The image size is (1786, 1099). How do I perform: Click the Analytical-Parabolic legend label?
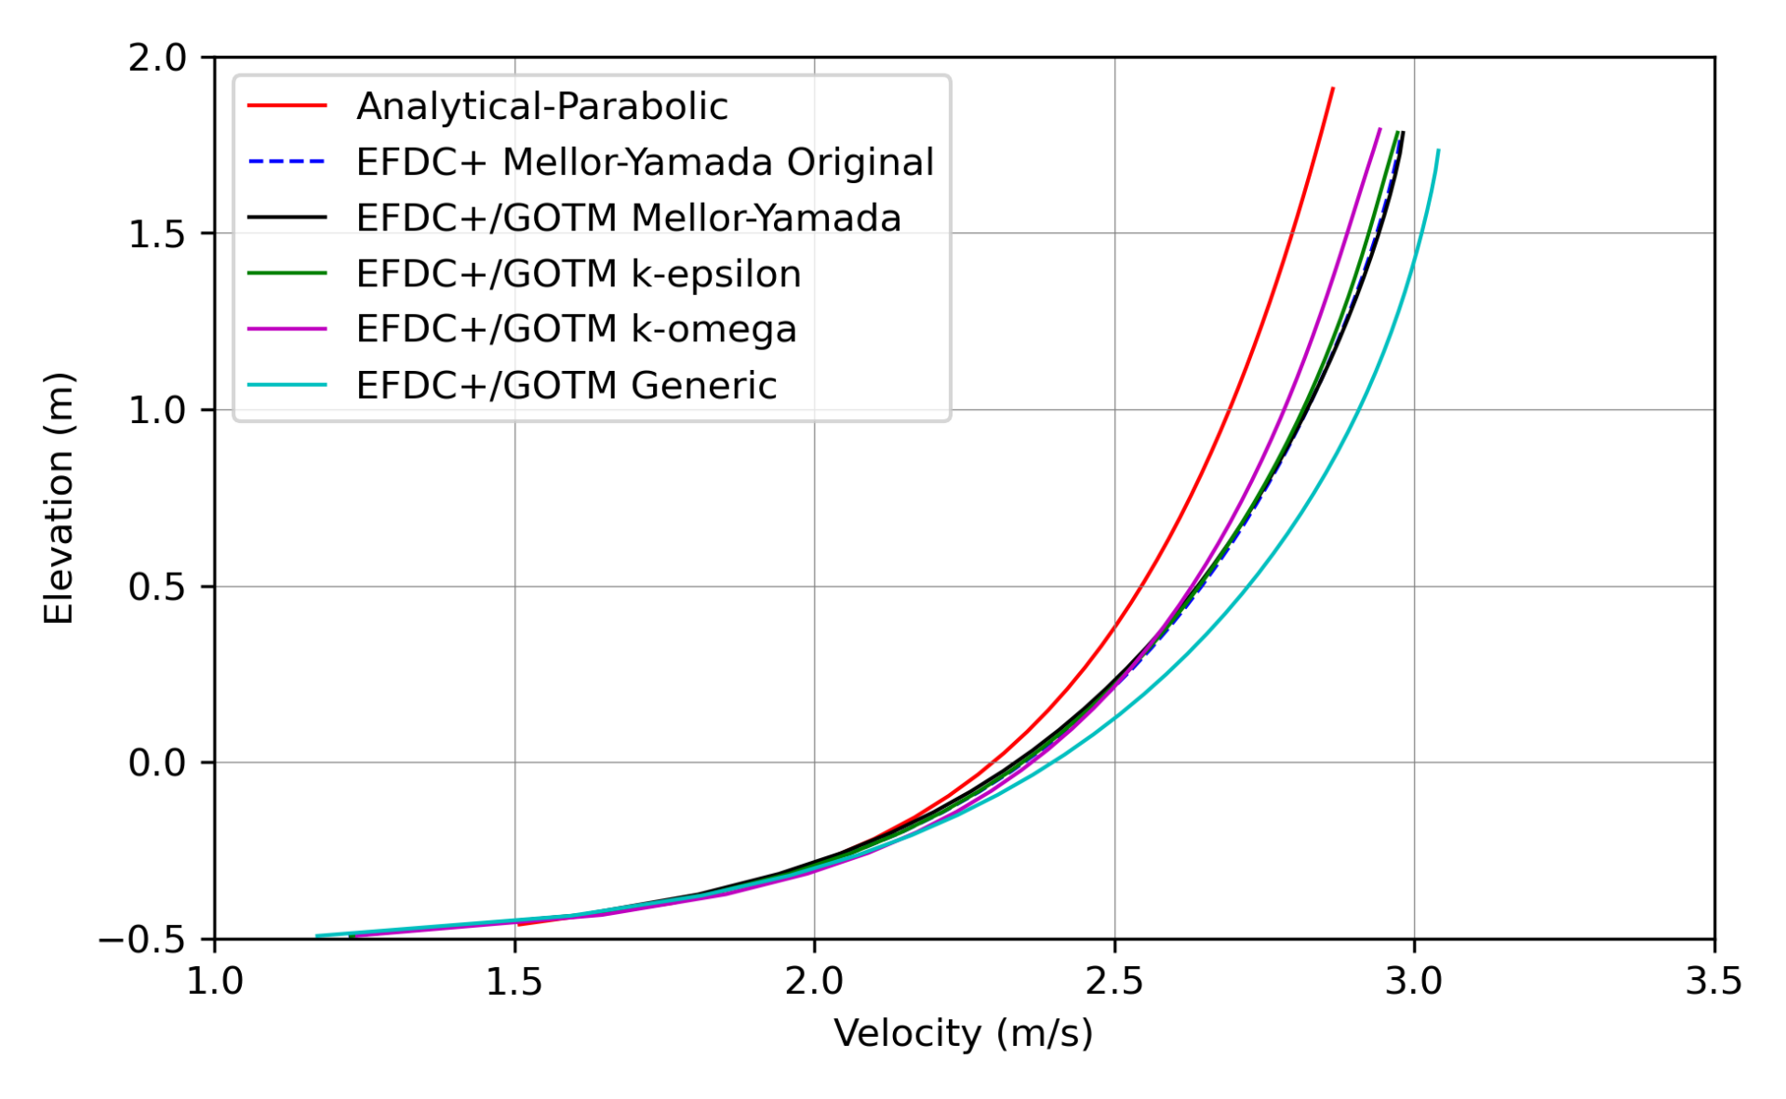coord(541,107)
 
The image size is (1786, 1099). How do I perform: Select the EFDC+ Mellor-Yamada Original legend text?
coord(645,163)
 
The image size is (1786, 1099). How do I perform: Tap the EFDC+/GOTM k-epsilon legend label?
coord(578,274)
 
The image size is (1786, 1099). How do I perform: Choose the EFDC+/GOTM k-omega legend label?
coord(576,329)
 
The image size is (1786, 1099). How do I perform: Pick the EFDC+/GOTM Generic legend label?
coord(566,385)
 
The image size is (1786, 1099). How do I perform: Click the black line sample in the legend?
coord(287,218)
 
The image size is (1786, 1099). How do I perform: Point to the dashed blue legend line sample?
coord(287,162)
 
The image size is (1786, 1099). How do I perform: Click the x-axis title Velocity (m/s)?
coord(963,1033)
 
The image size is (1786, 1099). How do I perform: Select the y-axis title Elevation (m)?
coord(59,497)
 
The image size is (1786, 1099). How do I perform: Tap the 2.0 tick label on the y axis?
coord(157,58)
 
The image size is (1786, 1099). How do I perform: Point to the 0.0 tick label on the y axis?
coord(157,763)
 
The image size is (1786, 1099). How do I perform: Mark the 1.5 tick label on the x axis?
coord(514,982)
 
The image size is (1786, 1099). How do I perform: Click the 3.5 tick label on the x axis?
coord(1713,982)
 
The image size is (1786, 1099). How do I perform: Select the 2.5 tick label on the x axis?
coord(1114,982)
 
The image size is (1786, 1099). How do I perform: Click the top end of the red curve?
coord(1333,88)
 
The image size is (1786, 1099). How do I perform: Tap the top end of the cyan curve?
coord(1438,151)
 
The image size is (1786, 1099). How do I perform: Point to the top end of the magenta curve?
coord(1379,129)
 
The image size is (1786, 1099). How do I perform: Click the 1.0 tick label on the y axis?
coord(157,410)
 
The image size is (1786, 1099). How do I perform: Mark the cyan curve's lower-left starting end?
coord(317,935)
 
